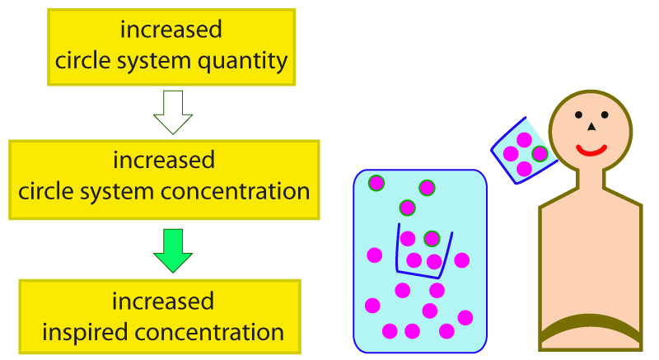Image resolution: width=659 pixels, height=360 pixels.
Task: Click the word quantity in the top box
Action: (x=242, y=61)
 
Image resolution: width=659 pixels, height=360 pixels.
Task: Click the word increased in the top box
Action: (x=171, y=30)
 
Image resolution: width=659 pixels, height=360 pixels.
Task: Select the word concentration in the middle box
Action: (x=236, y=192)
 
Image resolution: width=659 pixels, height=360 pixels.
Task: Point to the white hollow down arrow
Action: (x=173, y=112)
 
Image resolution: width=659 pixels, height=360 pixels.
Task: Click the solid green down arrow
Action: (x=173, y=250)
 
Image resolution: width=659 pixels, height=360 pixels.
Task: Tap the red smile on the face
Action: (x=591, y=152)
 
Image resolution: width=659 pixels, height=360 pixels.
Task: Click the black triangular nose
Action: (x=591, y=126)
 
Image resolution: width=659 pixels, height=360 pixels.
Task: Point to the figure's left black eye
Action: (x=579, y=115)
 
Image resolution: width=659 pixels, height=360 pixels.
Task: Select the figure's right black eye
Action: (x=605, y=115)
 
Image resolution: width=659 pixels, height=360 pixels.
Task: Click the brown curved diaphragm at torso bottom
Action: (x=591, y=325)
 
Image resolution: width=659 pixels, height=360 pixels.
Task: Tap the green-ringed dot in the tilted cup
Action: (x=540, y=154)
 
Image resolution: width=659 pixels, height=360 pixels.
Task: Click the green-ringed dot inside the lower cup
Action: (x=432, y=239)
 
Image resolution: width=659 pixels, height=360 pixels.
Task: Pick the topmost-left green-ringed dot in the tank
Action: (x=376, y=183)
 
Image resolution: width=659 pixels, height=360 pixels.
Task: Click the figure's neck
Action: (x=591, y=179)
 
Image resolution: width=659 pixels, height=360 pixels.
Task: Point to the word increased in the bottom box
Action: (x=162, y=302)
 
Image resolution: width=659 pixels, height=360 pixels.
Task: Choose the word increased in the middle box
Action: (x=164, y=160)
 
